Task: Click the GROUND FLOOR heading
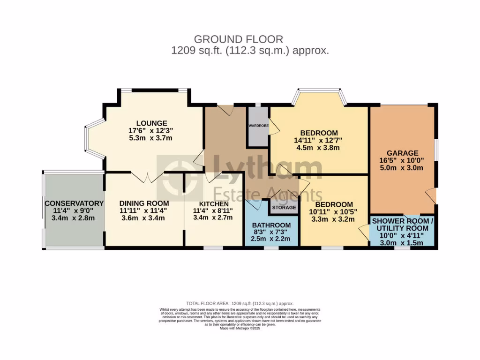(239, 39)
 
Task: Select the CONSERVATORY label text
(74, 203)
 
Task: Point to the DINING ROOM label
(144, 203)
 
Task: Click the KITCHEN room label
(214, 204)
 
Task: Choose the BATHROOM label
(271, 225)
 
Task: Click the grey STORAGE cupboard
(285, 207)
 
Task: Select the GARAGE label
(402, 153)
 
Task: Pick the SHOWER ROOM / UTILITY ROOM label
(403, 225)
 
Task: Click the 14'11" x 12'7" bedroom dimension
(319, 140)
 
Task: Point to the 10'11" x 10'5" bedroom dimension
(334, 211)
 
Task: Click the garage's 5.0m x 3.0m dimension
(402, 168)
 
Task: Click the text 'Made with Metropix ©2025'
(240, 328)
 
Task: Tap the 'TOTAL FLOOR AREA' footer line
(240, 304)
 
